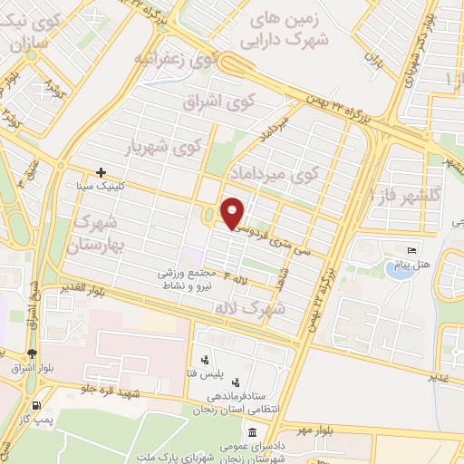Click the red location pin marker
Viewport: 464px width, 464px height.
tap(232, 214)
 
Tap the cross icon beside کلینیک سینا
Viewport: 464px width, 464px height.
tap(101, 171)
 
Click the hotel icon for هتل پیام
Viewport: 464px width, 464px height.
tap(411, 250)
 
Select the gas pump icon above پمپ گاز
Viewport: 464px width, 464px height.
tap(35, 405)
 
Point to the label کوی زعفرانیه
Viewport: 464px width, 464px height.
tap(178, 60)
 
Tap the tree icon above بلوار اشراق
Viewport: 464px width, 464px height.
tap(33, 353)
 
